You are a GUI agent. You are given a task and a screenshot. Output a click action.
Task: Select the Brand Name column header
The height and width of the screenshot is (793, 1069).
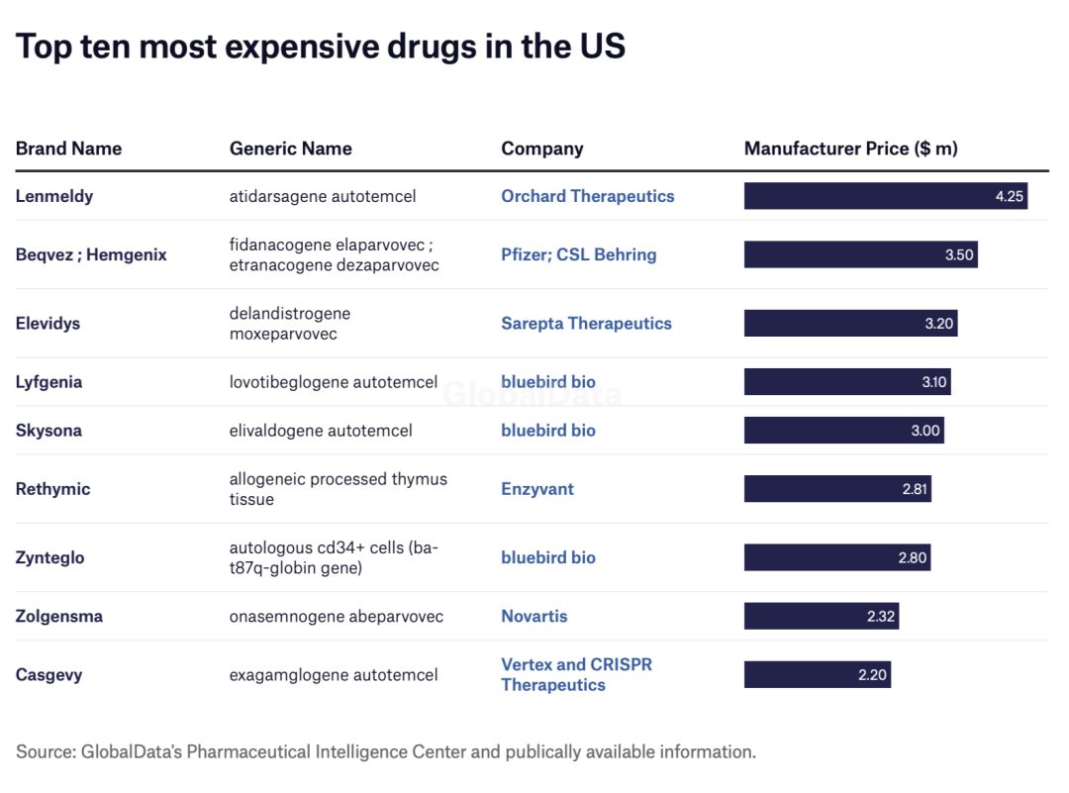click(68, 149)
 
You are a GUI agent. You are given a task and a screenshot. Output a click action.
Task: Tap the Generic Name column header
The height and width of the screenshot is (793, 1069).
click(290, 149)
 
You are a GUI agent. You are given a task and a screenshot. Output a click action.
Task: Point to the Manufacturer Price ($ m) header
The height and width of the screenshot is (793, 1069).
click(850, 149)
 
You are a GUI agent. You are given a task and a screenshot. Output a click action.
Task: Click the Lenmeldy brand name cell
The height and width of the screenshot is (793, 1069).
click(54, 196)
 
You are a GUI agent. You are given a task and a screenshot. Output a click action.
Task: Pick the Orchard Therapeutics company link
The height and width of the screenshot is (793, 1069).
click(587, 196)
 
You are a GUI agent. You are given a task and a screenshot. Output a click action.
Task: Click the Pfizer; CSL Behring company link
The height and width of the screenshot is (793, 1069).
click(578, 254)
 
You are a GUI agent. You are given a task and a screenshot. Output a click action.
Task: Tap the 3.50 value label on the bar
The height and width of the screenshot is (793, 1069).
click(959, 254)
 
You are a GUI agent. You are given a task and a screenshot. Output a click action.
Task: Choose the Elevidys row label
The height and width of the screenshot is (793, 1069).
click(48, 323)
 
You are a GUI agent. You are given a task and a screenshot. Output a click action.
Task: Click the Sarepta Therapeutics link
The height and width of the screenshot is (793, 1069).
click(586, 323)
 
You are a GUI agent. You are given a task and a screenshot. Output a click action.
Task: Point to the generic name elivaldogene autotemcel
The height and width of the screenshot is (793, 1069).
click(321, 431)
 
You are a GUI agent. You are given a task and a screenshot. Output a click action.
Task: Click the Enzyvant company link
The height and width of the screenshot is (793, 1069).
click(537, 489)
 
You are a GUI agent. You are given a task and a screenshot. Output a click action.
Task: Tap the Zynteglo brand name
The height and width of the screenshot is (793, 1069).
click(49, 557)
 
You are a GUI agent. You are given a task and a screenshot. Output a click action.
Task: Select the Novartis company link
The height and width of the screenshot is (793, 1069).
click(534, 616)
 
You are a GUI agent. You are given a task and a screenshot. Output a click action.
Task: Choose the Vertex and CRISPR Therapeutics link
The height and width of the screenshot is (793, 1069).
click(576, 674)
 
